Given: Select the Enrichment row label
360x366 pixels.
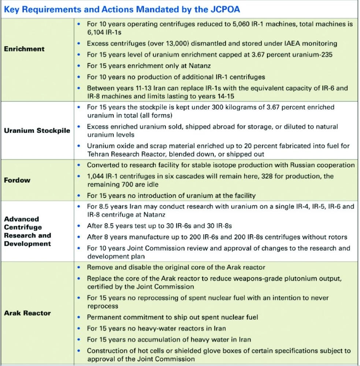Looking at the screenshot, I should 24,49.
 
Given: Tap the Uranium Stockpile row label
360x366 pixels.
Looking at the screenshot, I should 37,131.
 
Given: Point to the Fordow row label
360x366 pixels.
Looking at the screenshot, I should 17,180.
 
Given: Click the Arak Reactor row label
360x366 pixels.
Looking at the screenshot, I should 27,313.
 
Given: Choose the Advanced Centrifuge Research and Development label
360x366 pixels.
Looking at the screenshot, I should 27,231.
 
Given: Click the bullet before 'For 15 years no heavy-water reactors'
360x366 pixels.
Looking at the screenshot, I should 79,328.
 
